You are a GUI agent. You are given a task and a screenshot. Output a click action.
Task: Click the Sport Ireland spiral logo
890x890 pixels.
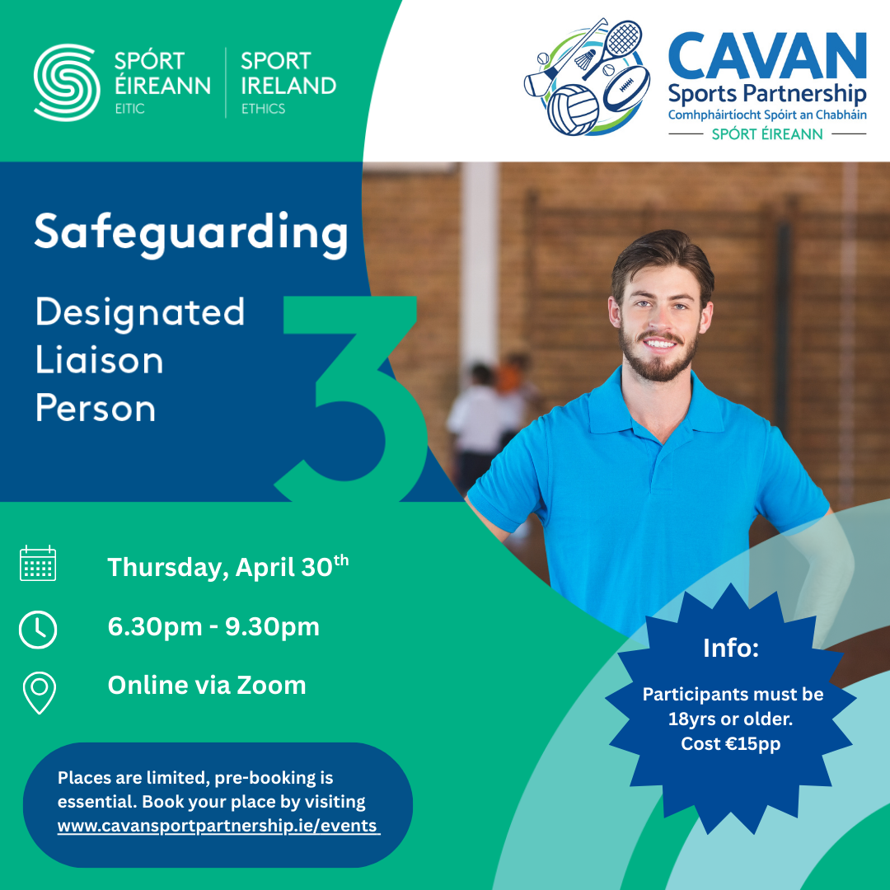pos(66,82)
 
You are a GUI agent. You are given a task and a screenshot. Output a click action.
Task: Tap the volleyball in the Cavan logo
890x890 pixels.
pos(574,110)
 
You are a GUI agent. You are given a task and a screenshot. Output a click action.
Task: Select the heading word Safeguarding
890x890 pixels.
pos(190,233)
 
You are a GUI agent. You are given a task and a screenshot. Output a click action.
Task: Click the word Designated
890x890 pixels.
pos(140,312)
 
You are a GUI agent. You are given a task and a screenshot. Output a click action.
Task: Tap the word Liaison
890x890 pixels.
pos(99,361)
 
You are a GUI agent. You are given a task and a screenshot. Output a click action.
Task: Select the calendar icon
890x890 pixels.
pos(38,564)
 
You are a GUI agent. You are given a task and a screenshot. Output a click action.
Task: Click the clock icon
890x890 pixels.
pos(38,630)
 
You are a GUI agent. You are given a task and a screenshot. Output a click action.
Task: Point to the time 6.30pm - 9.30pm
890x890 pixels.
pos(213,627)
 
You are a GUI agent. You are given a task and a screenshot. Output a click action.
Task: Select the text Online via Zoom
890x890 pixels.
pos(207,685)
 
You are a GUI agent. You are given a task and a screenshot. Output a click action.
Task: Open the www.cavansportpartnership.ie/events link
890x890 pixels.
pos(218,826)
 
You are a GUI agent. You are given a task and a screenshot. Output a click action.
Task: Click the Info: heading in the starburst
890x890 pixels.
pos(730,648)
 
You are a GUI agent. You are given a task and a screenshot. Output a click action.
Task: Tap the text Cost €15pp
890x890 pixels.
pos(730,743)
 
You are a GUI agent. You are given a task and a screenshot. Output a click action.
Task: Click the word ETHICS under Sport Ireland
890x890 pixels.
pos(263,109)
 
